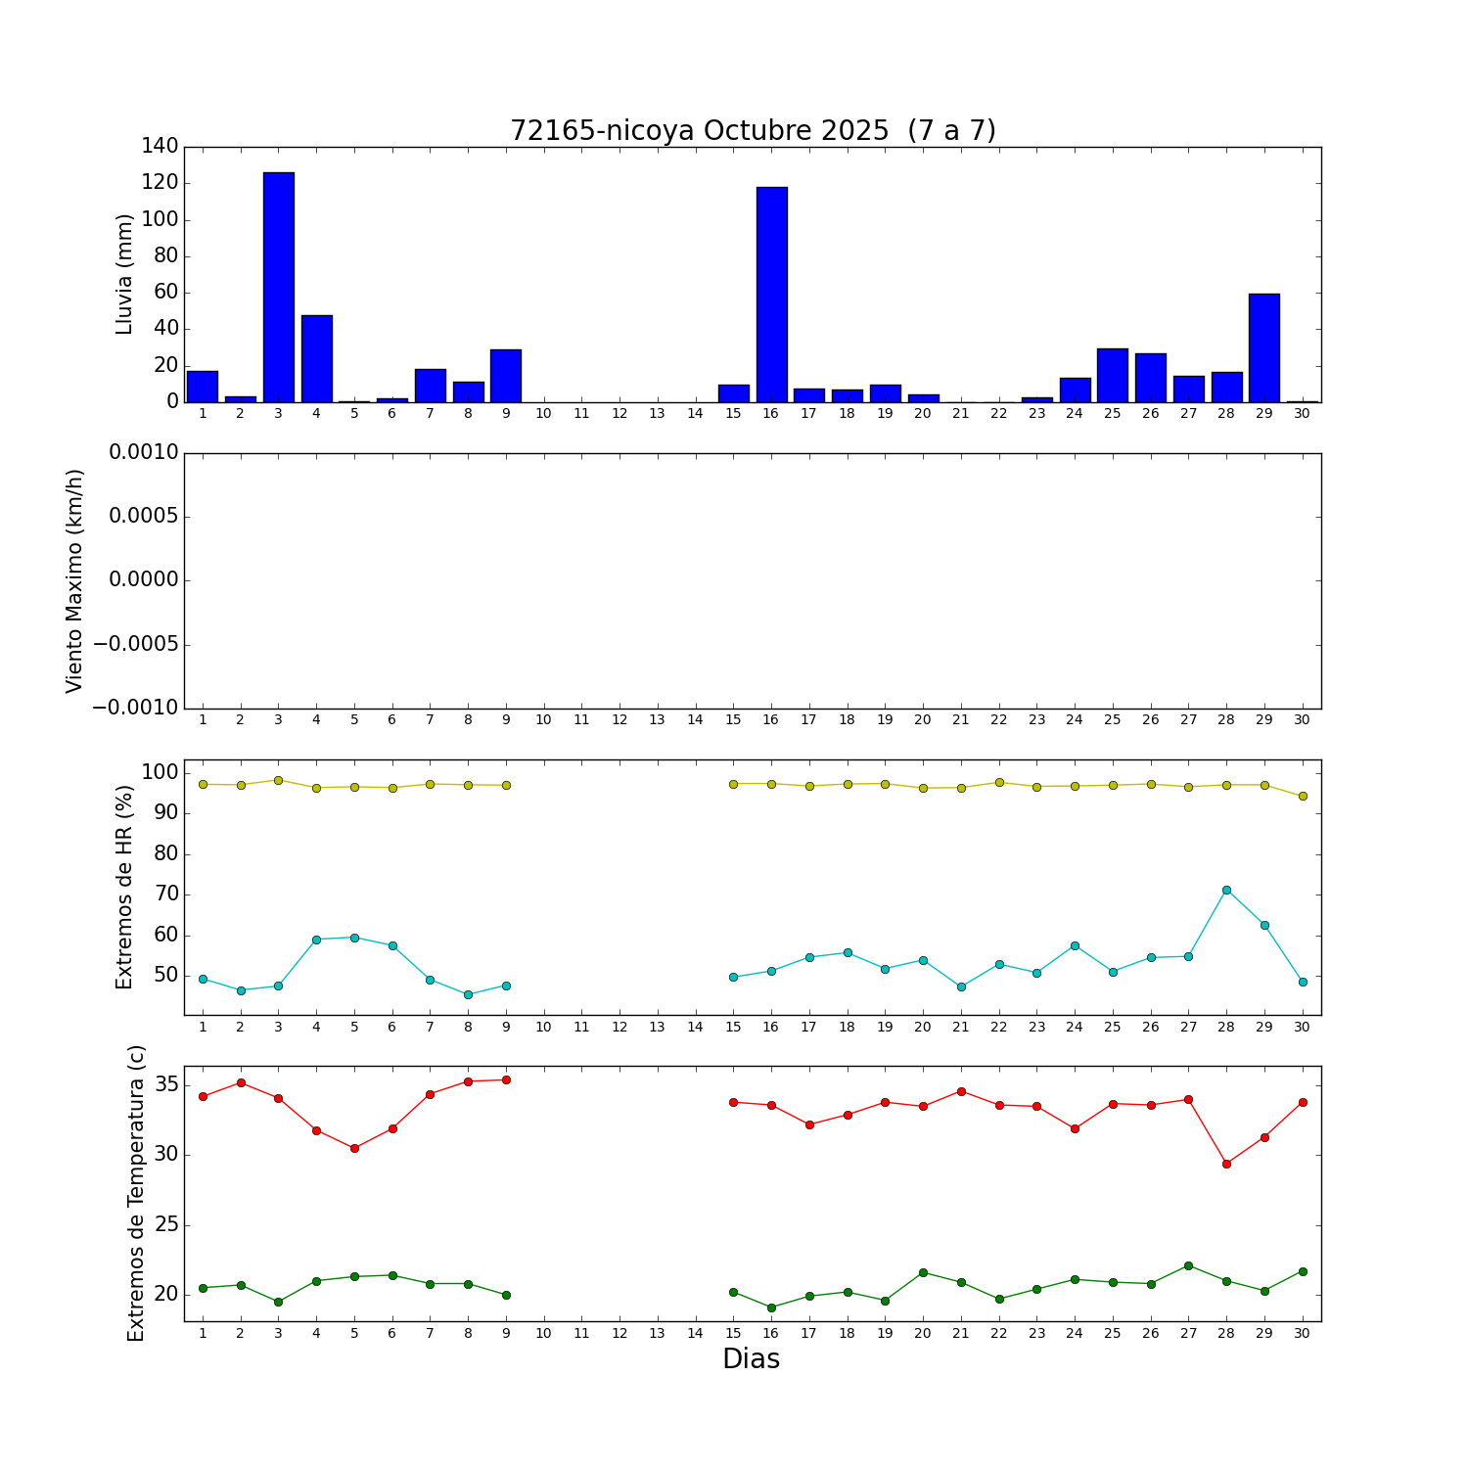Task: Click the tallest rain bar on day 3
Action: (x=279, y=287)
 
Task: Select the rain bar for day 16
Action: (x=771, y=294)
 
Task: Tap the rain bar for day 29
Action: (x=1264, y=347)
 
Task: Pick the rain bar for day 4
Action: (x=317, y=358)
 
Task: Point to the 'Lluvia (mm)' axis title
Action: (x=125, y=274)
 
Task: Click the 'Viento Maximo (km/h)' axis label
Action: (x=75, y=581)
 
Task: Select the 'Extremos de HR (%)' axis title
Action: (x=125, y=887)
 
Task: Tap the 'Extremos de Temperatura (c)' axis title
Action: (x=136, y=1193)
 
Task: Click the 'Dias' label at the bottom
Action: (x=751, y=1359)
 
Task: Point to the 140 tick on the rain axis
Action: (x=161, y=147)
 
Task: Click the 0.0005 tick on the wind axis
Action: (x=144, y=517)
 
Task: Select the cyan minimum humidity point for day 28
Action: (x=1226, y=890)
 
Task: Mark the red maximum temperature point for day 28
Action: (x=1226, y=1164)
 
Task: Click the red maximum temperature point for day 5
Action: (x=354, y=1148)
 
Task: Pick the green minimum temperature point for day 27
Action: (x=1188, y=1265)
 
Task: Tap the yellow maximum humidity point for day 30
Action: (x=1303, y=797)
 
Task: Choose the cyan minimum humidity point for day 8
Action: (x=468, y=994)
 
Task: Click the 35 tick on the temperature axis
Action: (x=165, y=1084)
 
